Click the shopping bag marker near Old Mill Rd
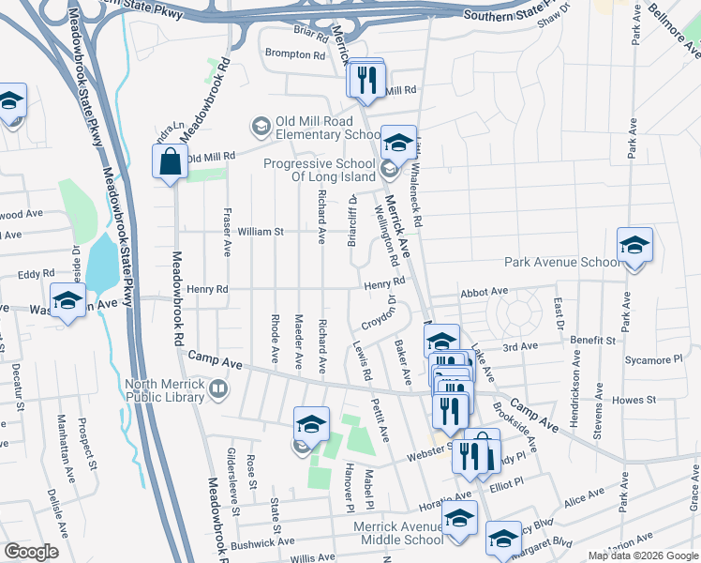pyautogui.click(x=170, y=161)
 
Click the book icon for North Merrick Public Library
pyautogui.click(x=217, y=388)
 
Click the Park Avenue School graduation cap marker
pyautogui.click(x=634, y=246)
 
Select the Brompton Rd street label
pyautogui.click(x=294, y=54)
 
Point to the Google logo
pyautogui.click(x=32, y=552)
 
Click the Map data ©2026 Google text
pyautogui.click(x=643, y=555)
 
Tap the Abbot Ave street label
pyautogui.click(x=483, y=292)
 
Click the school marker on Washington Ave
pyautogui.click(x=67, y=302)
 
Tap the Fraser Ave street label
pyautogui.click(x=227, y=235)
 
